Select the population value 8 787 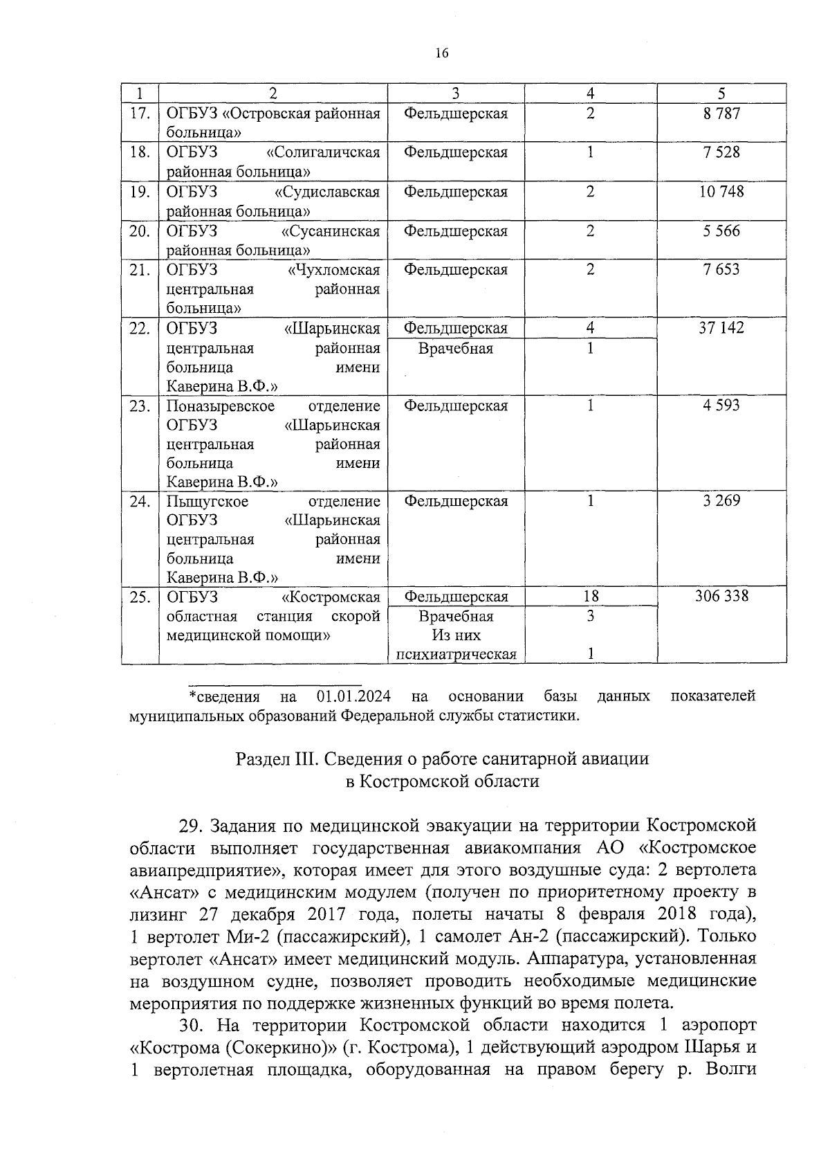point(721,114)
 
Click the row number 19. point(140,192)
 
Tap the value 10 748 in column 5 point(721,192)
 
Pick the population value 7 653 point(721,269)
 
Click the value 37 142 point(721,327)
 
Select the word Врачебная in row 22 point(456,348)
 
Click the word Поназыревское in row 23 point(220,406)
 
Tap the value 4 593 point(721,405)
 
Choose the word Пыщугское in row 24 point(207,501)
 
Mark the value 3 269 point(721,500)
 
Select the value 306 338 point(721,596)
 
